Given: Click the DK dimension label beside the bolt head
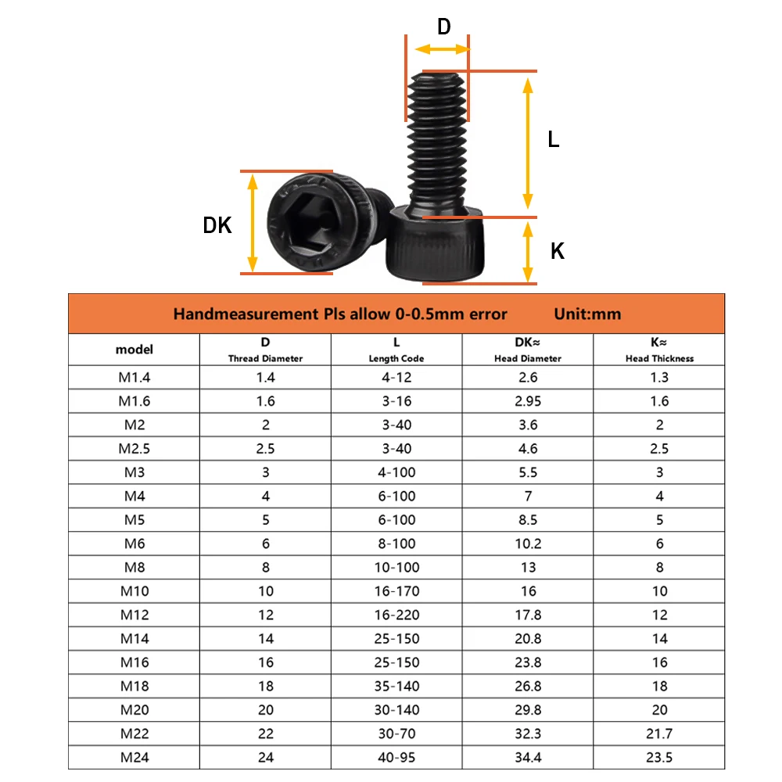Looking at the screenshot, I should pos(217,225).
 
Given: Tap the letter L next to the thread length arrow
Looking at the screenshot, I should pos(553,140).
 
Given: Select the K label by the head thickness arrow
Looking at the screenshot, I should pos(558,251).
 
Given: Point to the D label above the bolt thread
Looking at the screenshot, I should pos(443,27).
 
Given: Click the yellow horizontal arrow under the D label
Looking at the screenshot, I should pos(442,49).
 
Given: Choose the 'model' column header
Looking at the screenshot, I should pos(135,350).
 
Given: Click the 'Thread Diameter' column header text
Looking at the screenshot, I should pos(265,358).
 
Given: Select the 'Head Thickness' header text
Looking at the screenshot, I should pos(659,358).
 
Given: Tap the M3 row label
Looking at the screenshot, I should pos(135,472).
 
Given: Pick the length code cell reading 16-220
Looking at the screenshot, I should pos(397,615).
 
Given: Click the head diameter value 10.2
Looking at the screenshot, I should pos(528,543).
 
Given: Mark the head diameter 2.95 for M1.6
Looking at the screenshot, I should pos(528,401).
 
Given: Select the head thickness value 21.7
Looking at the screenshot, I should pos(659,734).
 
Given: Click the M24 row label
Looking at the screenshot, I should pos(135,757).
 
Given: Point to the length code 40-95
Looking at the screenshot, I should pos(397,757).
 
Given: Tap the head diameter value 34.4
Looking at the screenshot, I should pos(528,757).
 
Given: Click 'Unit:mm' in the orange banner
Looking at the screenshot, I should pos(587,314).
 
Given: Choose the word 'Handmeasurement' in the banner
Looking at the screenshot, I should pos(233,314).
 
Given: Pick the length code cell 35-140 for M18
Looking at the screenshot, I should pos(397,686).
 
